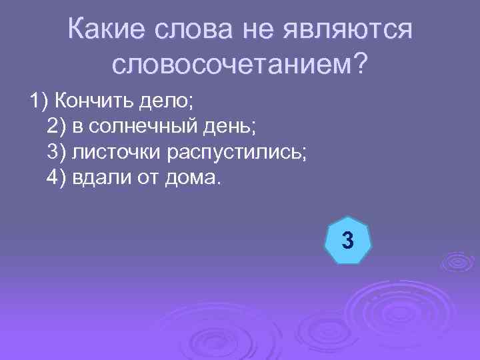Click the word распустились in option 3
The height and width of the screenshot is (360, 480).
pos(227,152)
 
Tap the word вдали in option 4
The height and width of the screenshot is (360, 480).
pos(98,177)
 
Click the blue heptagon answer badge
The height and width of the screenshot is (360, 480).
pos(347,239)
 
